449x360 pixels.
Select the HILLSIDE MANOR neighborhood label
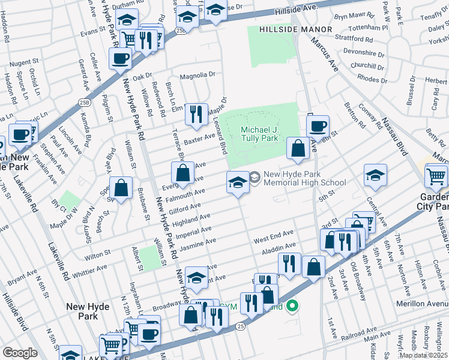pos(296,29)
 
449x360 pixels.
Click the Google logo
pos(19,352)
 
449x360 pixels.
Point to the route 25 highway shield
pos(240,326)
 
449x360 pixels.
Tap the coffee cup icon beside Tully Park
pos(318,127)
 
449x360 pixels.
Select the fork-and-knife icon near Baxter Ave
pos(196,114)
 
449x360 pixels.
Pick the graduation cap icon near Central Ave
pos(375,175)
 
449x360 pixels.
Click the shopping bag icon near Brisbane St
pos(121,188)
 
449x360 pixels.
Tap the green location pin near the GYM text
pos(292,307)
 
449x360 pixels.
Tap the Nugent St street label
pos(24,62)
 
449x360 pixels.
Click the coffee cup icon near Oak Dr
pos(120,58)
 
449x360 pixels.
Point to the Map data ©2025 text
pos(424,355)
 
